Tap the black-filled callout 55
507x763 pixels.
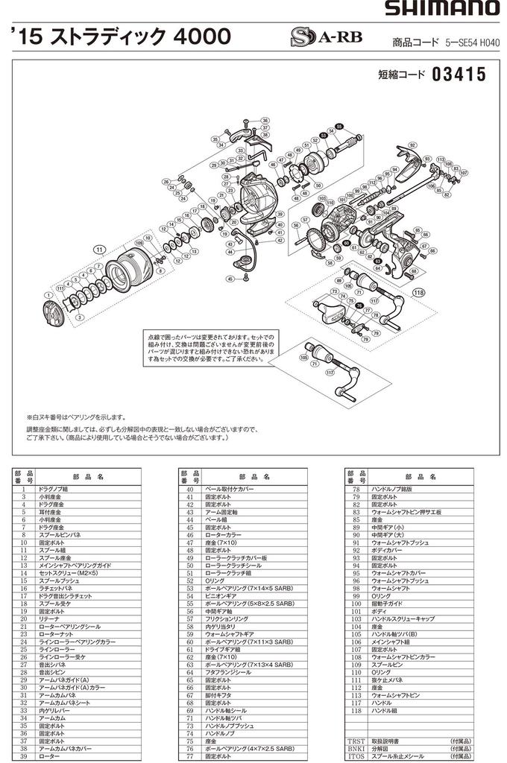(340, 127)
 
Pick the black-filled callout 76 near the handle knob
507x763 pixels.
(359, 306)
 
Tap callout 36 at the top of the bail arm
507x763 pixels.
(265, 120)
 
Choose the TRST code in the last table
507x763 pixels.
(356, 741)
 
